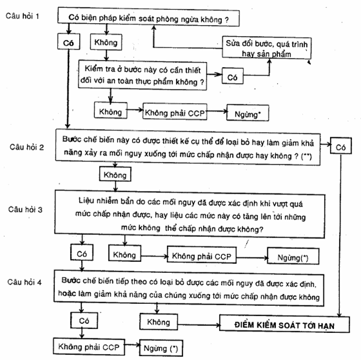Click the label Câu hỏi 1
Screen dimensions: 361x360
[23, 16]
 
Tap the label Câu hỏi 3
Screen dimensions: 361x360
[25, 209]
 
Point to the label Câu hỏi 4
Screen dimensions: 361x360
[24, 282]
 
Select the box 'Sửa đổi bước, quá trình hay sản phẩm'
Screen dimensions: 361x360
[267, 48]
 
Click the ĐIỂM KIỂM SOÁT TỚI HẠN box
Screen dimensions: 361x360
[284, 325]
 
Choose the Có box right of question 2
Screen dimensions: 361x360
[341, 146]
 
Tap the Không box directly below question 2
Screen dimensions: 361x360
[115, 174]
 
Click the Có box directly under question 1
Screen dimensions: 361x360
[68, 42]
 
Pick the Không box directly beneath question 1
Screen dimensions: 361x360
[106, 42]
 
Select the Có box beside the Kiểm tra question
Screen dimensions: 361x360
[233, 76]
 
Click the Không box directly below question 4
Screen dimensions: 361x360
[159, 322]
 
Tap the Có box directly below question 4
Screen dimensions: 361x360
[84, 321]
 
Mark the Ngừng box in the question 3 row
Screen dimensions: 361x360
[293, 257]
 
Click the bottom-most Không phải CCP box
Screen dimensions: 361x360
[89, 346]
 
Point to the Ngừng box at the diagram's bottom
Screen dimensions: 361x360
[161, 348]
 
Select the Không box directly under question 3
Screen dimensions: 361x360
[125, 254]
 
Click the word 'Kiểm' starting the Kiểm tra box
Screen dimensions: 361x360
[94, 68]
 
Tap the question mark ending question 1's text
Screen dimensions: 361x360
[227, 20]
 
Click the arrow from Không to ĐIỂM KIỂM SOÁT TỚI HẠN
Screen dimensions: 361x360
[199, 325]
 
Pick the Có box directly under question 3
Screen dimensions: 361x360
[82, 253]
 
